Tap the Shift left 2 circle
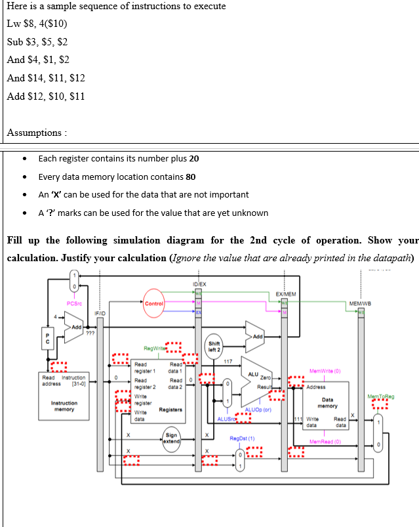tap(214, 345)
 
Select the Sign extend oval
tap(172, 437)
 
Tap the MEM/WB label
tap(360, 303)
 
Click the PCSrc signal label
tap(74, 303)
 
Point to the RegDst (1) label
tap(242, 437)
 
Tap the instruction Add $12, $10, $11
tap(46, 96)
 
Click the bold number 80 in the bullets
tap(189, 177)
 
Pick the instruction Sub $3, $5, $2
tap(37, 42)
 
